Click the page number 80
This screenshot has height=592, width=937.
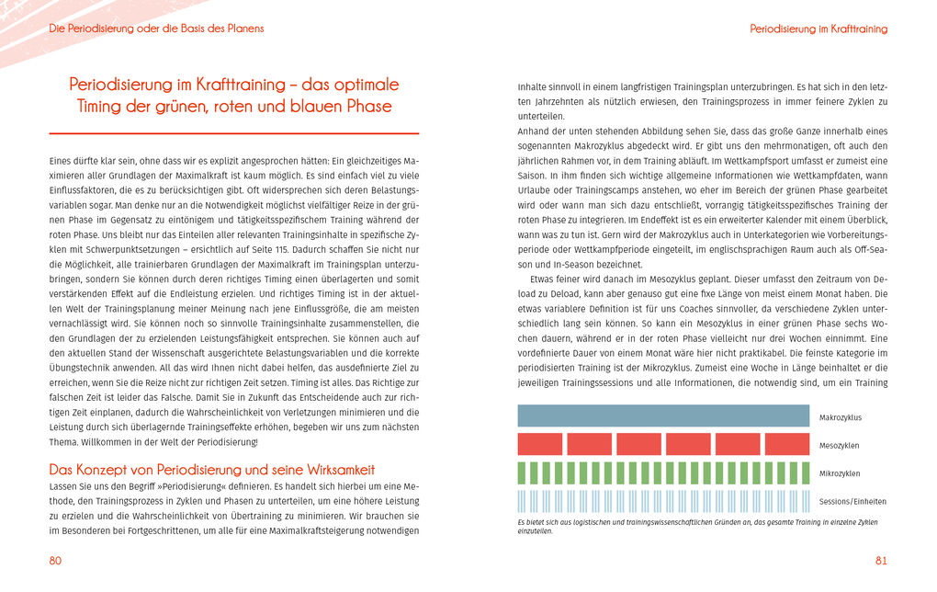point(55,561)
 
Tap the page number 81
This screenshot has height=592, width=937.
point(881,561)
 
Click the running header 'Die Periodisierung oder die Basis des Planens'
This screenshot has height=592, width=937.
point(156,28)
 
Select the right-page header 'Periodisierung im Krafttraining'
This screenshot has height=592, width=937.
point(818,29)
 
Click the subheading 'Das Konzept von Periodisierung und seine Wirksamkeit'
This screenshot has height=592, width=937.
point(212,470)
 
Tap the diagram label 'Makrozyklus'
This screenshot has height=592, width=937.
point(841,417)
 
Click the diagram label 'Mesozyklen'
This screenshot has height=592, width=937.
point(840,446)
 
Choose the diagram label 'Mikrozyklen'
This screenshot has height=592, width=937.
point(840,473)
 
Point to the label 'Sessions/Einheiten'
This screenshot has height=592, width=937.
point(852,502)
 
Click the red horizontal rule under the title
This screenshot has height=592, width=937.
point(234,134)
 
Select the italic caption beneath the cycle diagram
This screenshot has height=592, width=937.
point(698,526)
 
